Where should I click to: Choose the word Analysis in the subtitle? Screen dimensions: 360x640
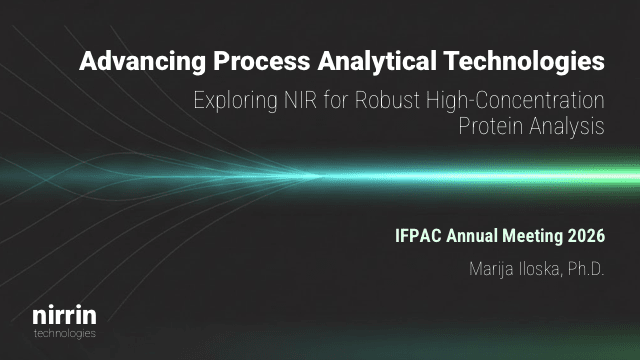(570, 127)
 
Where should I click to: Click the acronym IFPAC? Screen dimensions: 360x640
(421, 237)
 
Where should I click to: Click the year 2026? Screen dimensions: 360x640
(588, 237)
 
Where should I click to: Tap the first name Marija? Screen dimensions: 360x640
(491, 269)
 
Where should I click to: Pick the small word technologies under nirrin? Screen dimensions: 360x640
(64, 333)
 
